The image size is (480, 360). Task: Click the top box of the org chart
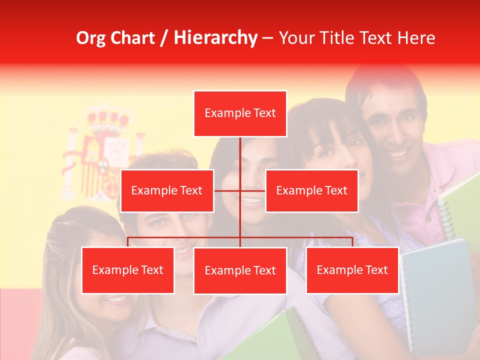click(x=240, y=113)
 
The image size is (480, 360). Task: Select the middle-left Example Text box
click(x=167, y=190)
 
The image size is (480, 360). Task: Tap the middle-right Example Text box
click(x=311, y=190)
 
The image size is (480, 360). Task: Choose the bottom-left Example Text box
click(x=128, y=270)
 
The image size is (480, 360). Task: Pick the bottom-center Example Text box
click(x=240, y=270)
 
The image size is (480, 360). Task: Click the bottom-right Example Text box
click(x=352, y=270)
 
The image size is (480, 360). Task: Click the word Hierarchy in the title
click(x=215, y=38)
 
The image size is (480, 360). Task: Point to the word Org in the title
click(x=90, y=38)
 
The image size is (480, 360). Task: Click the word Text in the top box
click(x=264, y=113)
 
